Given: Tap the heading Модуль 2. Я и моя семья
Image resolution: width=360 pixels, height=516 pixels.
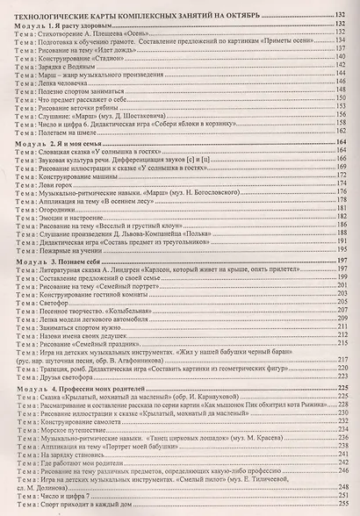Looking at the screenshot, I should click(x=54, y=142).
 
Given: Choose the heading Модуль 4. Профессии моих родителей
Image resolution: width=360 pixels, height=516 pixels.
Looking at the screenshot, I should click(x=83, y=387).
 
